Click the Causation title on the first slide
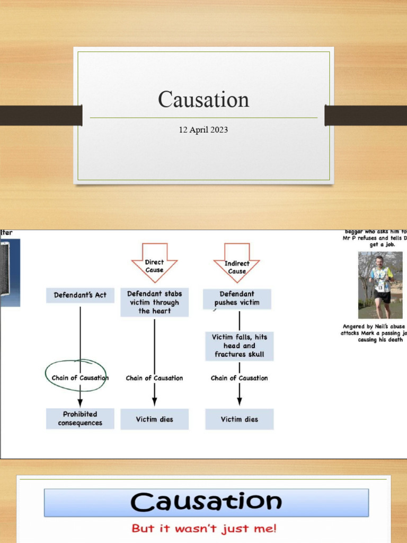(203, 100)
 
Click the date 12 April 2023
(203, 130)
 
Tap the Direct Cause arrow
(154, 263)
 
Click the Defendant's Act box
(80, 295)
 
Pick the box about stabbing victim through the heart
(154, 302)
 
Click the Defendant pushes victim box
(237, 299)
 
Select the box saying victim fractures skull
(239, 346)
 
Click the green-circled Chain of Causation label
(79, 378)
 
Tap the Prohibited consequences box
(80, 418)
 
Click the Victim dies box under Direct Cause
(154, 419)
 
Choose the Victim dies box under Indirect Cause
(239, 419)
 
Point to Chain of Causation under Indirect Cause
(239, 378)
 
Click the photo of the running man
(380, 285)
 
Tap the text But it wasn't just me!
(203, 528)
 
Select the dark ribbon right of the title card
(366, 115)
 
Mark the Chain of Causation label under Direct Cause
(154, 378)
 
